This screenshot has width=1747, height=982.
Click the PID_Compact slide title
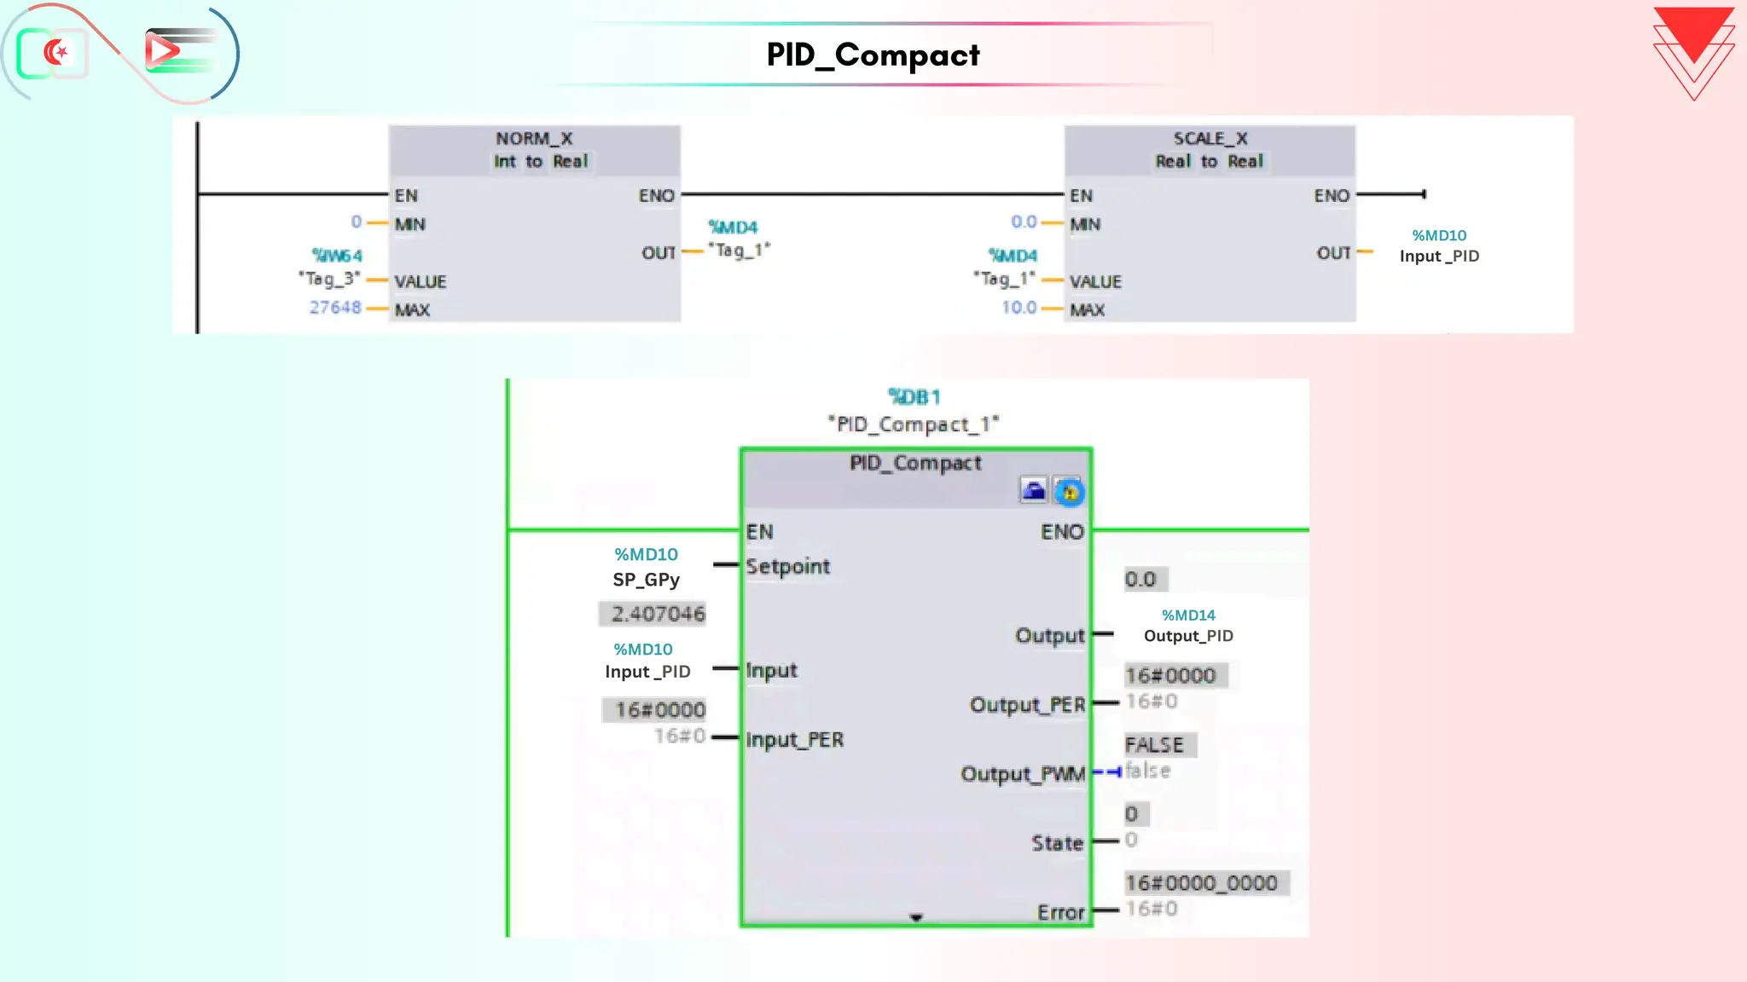(x=873, y=55)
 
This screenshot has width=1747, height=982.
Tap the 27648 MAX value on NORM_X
(x=335, y=308)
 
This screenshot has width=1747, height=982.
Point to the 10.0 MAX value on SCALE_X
(x=1019, y=308)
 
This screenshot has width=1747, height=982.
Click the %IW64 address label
(x=337, y=256)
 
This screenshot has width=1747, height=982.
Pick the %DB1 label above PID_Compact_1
(x=914, y=397)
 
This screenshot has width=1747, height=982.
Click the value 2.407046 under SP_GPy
(x=658, y=614)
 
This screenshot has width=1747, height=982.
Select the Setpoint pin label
(x=787, y=567)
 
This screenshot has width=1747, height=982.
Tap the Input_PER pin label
(x=794, y=740)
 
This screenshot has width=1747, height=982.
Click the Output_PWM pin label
(x=1022, y=774)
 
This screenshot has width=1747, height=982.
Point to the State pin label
(x=1057, y=844)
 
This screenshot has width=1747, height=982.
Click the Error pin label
(x=1060, y=913)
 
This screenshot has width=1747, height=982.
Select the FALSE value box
(x=1157, y=745)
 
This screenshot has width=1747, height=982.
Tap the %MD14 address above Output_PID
(x=1188, y=615)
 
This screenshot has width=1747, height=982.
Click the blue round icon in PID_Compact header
(x=1069, y=492)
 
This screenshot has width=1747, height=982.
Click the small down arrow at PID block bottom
(x=915, y=918)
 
